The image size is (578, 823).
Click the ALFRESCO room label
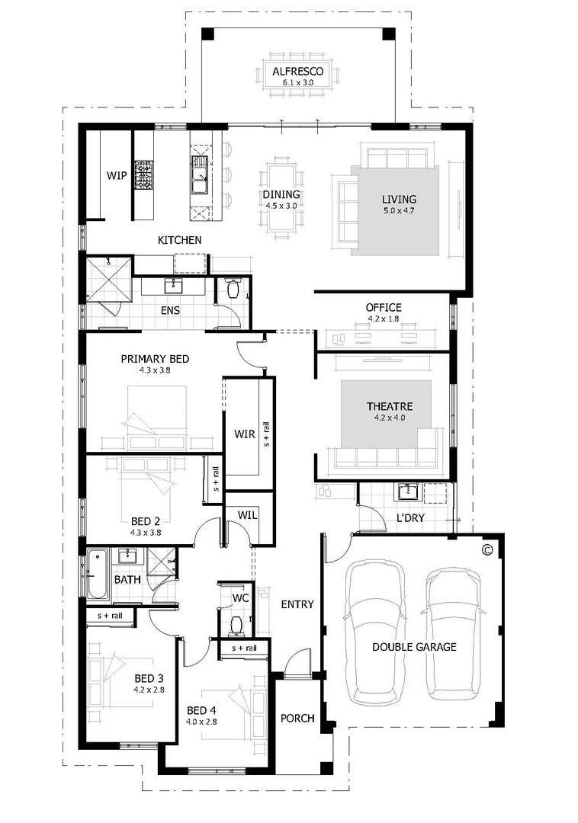point(298,72)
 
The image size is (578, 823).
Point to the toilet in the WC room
point(236,624)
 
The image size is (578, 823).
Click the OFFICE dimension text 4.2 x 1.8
point(384,320)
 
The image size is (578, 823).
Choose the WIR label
point(244,434)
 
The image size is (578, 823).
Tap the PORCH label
point(297,718)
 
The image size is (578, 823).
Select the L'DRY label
point(410,518)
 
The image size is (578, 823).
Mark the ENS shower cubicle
point(108,280)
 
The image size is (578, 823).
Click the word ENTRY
point(297,604)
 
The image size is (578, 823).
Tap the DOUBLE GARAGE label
point(414,647)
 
